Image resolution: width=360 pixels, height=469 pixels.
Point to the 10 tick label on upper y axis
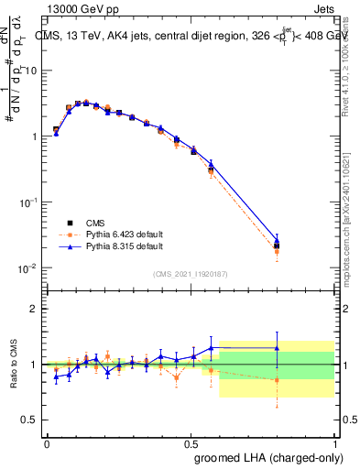(x=31, y=70)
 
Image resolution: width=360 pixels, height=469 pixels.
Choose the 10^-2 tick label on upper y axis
(x=29, y=267)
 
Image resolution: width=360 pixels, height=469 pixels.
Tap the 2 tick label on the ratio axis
(x=35, y=309)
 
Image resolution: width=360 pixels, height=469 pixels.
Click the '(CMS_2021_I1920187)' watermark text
(x=190, y=273)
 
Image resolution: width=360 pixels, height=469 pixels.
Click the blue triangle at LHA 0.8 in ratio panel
(x=277, y=348)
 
